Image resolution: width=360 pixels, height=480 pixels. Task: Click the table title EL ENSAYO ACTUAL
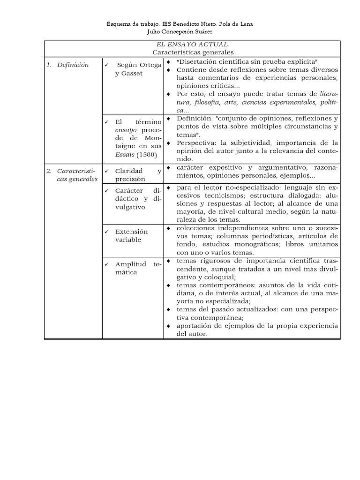[193, 44]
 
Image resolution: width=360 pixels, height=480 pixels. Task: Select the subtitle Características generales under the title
[193, 52]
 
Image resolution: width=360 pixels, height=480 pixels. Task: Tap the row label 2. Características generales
[72, 175]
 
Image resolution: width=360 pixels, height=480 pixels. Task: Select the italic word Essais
[125, 154]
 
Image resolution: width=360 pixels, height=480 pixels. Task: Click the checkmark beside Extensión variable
[107, 232]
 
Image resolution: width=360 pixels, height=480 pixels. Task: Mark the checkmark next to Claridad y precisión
[107, 171]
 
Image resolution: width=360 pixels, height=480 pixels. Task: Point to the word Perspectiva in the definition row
[196, 143]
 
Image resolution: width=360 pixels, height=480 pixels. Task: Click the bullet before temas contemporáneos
[169, 285]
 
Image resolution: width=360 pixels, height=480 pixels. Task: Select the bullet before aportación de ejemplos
[169, 326]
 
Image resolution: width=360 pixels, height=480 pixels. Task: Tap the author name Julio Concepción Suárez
[180, 32]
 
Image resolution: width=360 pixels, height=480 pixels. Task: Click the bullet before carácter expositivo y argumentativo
[169, 168]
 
